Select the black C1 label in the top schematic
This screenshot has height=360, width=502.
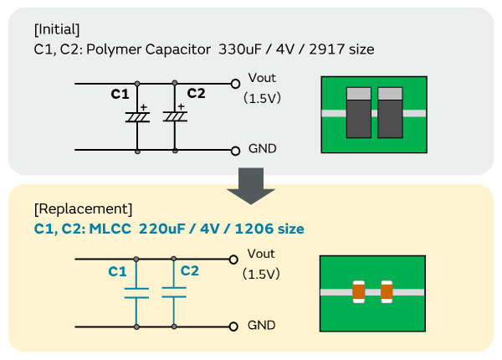120,94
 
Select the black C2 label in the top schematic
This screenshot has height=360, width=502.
196,94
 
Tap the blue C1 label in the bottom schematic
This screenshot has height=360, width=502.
118,271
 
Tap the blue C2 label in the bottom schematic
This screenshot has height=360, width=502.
190,270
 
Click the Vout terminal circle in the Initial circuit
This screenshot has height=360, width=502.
235,84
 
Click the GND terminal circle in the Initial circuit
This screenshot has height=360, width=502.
235,150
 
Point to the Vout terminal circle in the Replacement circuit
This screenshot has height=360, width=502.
235,260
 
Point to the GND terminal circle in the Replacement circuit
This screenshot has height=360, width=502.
235,326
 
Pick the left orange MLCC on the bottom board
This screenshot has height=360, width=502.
359,291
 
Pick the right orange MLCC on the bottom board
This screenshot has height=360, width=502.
387,291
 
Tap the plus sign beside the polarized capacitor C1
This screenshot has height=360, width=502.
143,107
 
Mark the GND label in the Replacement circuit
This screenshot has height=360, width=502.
262,325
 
